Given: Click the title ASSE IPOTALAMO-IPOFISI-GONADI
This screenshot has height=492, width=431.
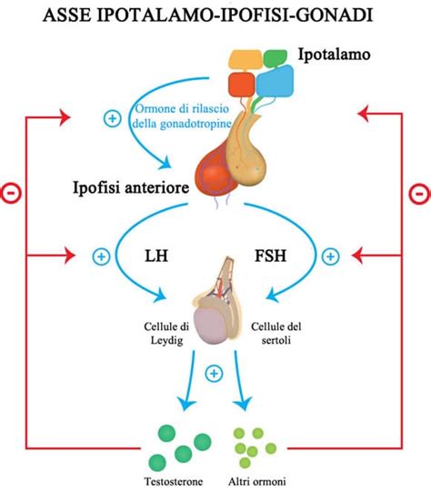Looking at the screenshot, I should click(215, 15).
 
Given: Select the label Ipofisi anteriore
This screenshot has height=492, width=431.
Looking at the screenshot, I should click(129, 188).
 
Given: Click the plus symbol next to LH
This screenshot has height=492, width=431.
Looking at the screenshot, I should click(101, 257).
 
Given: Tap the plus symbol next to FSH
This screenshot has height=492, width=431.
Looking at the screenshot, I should click(330, 257).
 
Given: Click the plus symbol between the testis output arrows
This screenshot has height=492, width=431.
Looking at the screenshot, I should click(215, 373).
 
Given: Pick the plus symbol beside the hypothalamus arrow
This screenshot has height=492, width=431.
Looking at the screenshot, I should click(114, 119).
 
